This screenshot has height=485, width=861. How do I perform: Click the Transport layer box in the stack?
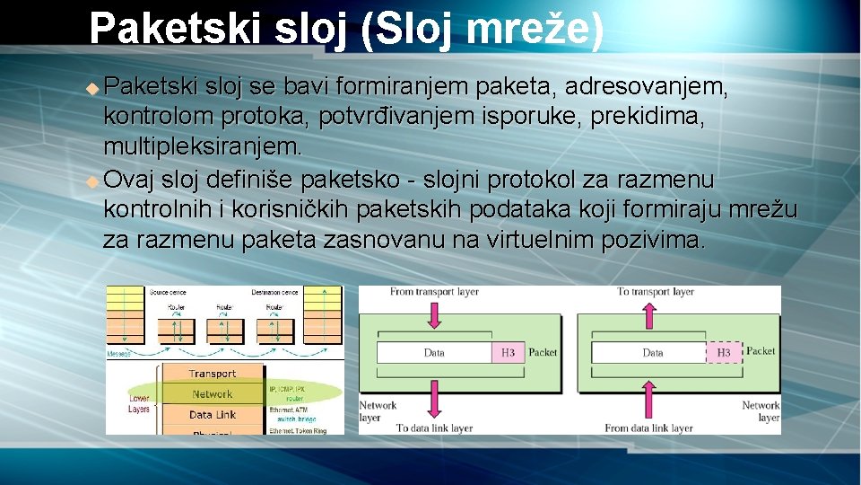tap(213, 374)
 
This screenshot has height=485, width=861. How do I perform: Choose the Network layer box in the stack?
tap(213, 394)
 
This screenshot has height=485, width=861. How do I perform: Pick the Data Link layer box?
tap(213, 415)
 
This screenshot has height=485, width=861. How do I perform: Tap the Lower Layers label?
tap(139, 403)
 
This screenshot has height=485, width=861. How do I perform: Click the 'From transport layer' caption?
tap(434, 292)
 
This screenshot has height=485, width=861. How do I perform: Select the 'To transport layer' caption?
tap(656, 292)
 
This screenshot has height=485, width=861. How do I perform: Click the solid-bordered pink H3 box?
tap(508, 352)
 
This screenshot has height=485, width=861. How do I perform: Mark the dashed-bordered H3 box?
tap(724, 353)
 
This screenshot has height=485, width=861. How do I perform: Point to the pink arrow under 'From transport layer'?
tap(435, 315)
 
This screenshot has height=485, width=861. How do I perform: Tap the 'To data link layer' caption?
tap(435, 428)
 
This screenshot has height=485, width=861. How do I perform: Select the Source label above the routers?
tap(168, 293)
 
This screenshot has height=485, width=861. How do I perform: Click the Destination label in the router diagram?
tap(274, 293)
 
